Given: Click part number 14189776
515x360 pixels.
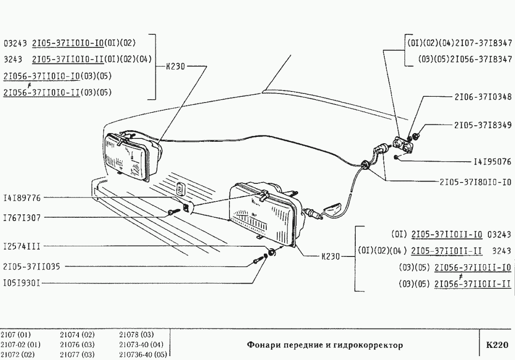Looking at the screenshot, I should point(22,198).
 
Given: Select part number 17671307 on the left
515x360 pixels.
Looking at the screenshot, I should point(22,218).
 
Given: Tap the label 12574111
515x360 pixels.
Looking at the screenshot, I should point(22,246).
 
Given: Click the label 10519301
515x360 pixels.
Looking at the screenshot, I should point(22,280).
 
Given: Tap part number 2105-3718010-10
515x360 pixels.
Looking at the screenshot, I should point(475,182).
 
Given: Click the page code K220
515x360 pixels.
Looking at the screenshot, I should point(497,345).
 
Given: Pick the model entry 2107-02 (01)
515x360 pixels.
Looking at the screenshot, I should point(20,344).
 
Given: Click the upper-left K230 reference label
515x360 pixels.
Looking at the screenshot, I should point(175,67).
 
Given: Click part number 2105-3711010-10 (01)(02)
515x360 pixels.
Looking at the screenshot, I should point(84,43).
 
